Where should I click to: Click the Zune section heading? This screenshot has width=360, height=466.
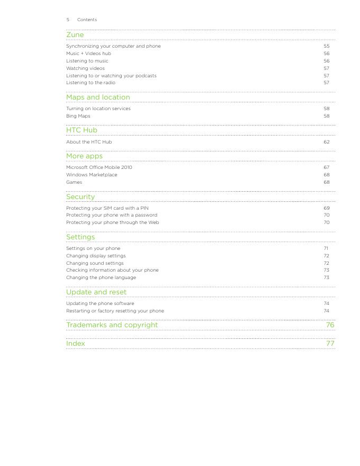click(x=75, y=35)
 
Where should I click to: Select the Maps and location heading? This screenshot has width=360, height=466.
click(x=98, y=97)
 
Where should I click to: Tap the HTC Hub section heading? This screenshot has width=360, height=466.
click(x=82, y=130)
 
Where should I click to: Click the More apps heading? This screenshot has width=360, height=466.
click(x=84, y=156)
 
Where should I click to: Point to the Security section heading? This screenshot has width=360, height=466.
click(x=80, y=197)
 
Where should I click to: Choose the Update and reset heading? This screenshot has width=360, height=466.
click(x=96, y=292)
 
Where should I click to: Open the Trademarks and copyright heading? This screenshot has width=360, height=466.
click(x=112, y=325)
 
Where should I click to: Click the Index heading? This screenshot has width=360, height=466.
click(x=75, y=344)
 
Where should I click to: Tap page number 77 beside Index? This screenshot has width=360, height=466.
click(x=330, y=344)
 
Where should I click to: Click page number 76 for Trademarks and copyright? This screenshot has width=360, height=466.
click(x=330, y=325)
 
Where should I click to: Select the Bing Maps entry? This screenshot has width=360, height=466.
click(x=78, y=116)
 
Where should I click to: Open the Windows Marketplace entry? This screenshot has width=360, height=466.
click(x=92, y=175)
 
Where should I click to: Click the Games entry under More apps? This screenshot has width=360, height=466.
click(x=74, y=182)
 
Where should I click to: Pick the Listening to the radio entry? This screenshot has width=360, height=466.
click(x=91, y=83)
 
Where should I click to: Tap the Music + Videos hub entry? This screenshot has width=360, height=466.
click(x=88, y=53)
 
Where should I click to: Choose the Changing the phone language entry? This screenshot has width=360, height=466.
click(x=101, y=277)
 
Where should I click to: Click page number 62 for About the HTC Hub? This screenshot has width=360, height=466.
click(x=327, y=142)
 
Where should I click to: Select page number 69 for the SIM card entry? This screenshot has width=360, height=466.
click(x=327, y=208)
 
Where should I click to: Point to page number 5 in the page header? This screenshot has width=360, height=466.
click(x=68, y=20)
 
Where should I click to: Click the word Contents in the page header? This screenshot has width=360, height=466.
click(x=87, y=20)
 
